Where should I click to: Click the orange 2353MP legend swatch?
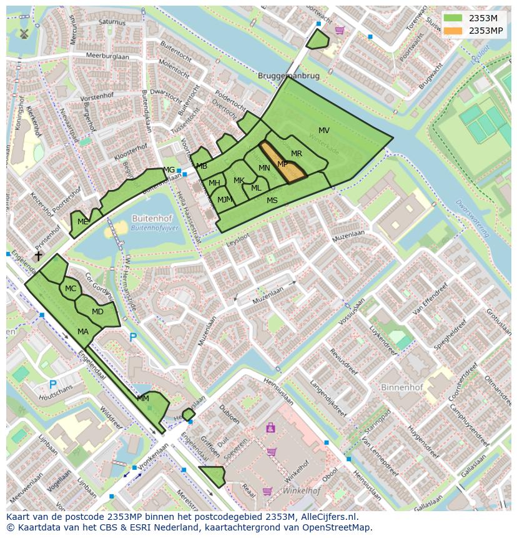454,31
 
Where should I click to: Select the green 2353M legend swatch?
454,18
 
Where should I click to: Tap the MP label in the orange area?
282,164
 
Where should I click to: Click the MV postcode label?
323,131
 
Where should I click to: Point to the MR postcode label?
297,154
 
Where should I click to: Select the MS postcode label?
272,201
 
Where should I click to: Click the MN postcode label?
264,168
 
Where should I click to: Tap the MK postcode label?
239,181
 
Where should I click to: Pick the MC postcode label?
71,289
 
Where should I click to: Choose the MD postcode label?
97,312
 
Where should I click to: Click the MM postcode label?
143,399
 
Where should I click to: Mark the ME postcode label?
82,222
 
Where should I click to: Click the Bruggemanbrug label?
288,76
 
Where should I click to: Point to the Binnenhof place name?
401,387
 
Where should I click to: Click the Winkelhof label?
301,491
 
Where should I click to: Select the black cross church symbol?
38,256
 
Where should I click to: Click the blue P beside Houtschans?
53,385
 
